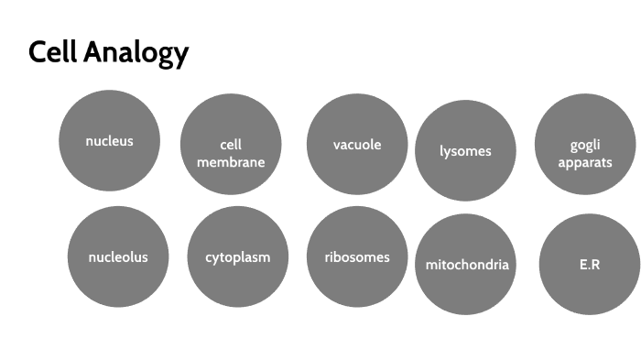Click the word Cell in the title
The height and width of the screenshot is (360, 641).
[52, 52]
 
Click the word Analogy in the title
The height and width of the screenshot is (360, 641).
[136, 54]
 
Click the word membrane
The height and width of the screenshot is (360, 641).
[231, 162]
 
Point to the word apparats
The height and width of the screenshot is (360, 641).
[585, 162]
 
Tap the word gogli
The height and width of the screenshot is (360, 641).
[585, 145]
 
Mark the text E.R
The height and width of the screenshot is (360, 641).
[589, 265]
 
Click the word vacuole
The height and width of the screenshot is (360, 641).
[357, 145]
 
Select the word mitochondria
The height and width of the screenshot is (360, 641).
[467, 265]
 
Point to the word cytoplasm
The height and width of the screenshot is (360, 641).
[238, 256]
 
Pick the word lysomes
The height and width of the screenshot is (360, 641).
[465, 151]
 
